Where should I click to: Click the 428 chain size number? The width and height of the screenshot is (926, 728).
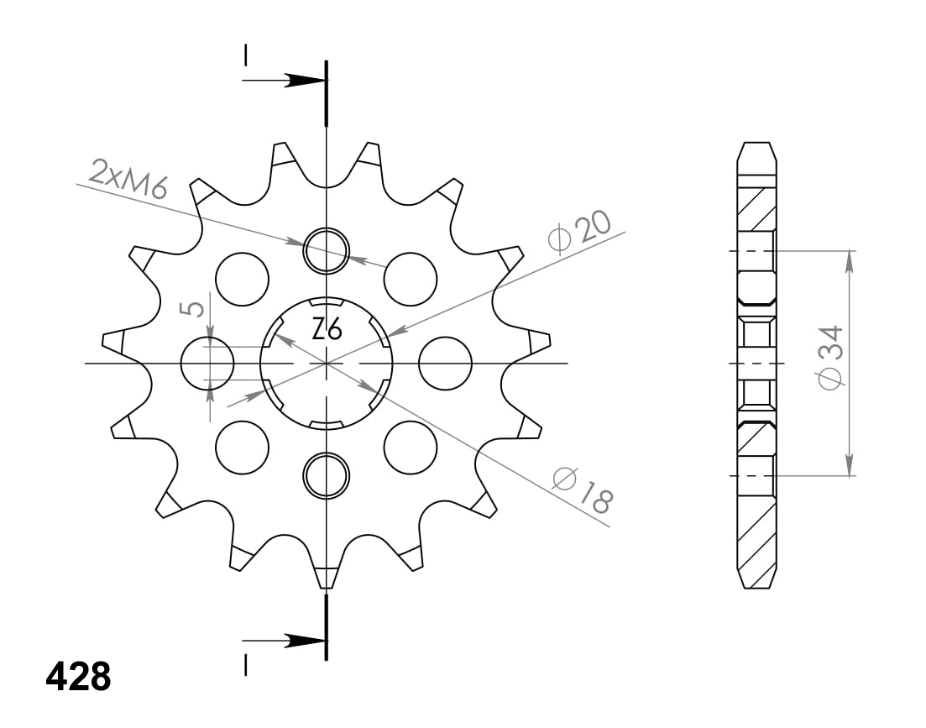78,677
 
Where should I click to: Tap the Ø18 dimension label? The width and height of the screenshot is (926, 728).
583,490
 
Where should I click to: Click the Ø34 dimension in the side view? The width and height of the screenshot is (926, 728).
830,357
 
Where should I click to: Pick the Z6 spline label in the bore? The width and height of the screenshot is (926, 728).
327,329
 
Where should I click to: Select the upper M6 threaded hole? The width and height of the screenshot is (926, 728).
326,250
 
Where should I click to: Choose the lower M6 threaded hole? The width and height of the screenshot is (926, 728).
326,476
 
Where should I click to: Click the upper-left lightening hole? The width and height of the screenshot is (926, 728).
242,280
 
